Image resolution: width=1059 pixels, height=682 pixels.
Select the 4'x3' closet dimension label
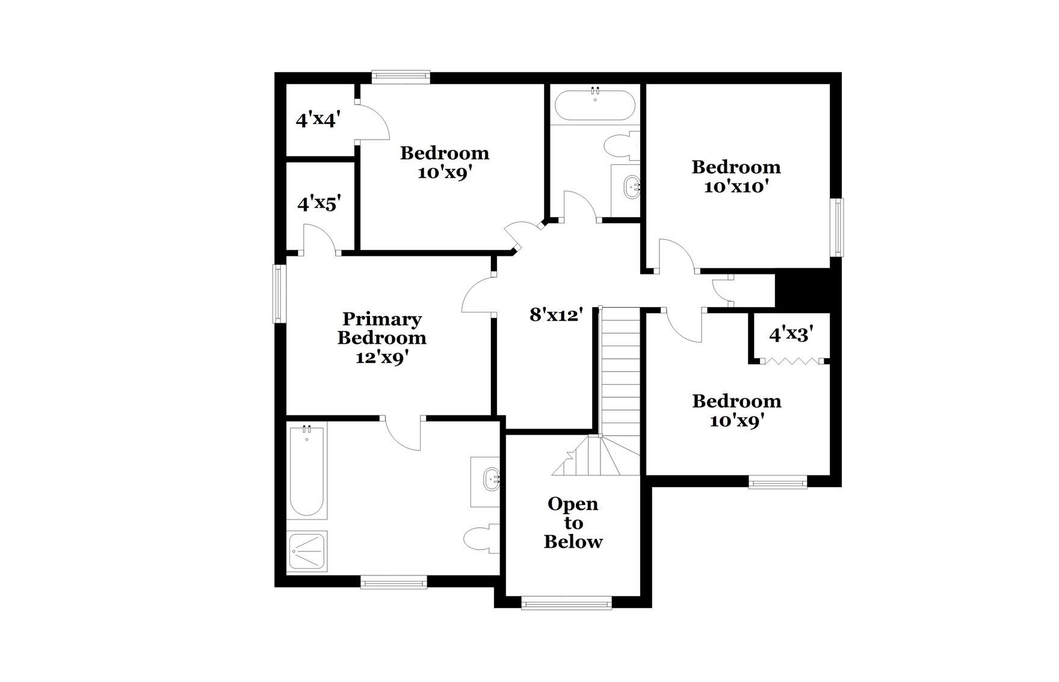point(791,335)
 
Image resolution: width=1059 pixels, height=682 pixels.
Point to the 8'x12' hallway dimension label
point(557,314)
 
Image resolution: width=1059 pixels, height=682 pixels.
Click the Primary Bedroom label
point(382,337)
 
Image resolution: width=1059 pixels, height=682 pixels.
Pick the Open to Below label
point(573,522)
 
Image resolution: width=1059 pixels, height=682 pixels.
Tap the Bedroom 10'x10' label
point(736,176)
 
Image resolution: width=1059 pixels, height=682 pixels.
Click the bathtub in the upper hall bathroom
point(594,105)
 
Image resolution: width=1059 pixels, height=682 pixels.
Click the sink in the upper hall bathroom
point(631,187)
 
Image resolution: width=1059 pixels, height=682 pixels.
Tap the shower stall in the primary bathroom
point(307,550)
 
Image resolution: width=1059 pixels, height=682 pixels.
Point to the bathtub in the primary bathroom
point(307,470)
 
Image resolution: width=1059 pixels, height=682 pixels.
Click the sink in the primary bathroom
point(490,480)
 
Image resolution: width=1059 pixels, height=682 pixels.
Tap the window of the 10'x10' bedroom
point(837,228)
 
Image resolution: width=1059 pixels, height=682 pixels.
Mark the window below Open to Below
point(566,603)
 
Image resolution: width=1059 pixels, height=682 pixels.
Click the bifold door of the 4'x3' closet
point(791,361)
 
